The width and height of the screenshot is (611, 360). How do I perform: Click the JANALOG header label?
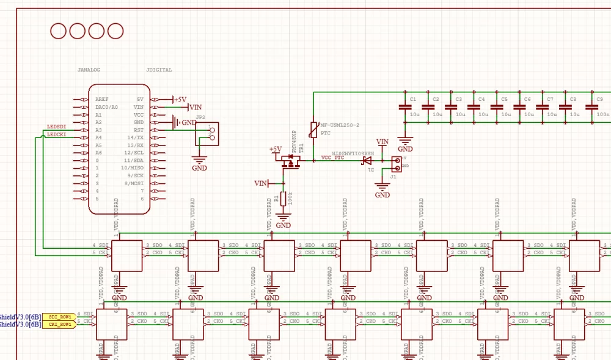coord(89,70)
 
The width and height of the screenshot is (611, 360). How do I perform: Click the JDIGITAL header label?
coord(159,70)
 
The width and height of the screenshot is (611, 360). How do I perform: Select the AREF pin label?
coord(102,99)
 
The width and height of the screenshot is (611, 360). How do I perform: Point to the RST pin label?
coord(139,130)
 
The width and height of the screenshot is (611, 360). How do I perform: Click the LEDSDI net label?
coord(56,127)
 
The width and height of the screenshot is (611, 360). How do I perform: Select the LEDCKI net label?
coord(56,134)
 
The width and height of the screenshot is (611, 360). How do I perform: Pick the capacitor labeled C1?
coord(404,107)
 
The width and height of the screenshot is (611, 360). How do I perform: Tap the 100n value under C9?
coord(602,114)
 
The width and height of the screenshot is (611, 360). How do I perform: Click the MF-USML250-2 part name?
coord(340,125)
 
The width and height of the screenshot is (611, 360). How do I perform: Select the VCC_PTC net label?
coord(332,158)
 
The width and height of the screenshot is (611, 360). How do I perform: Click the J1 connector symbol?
coord(396,163)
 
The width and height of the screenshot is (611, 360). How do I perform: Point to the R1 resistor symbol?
coord(283,199)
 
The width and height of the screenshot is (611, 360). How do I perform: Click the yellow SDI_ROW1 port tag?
coord(60,317)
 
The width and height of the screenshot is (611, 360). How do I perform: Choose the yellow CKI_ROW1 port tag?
coord(60,325)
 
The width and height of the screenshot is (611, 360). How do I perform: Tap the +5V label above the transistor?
coord(276,150)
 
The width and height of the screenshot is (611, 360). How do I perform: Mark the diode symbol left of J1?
coord(367,161)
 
